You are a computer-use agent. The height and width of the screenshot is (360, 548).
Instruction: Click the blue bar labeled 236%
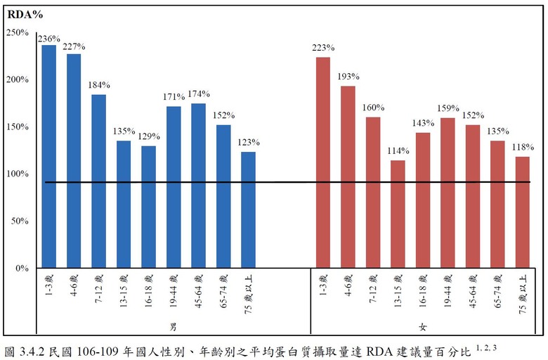(x=48, y=156)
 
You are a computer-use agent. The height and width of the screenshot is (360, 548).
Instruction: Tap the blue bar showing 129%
(x=148, y=207)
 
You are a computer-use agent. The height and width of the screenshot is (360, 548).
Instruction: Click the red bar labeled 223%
(x=323, y=162)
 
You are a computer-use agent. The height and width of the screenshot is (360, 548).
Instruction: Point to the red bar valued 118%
(x=522, y=212)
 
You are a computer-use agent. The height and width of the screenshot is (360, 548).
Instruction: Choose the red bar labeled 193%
(x=348, y=176)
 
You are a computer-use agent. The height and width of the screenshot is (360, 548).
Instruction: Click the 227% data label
(x=73, y=47)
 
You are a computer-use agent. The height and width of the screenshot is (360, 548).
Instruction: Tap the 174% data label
(x=199, y=94)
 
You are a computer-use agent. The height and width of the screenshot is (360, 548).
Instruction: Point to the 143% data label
(x=422, y=122)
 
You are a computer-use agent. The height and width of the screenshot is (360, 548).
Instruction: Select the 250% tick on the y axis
(x=17, y=32)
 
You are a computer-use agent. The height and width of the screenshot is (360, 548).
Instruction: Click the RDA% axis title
(x=21, y=13)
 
